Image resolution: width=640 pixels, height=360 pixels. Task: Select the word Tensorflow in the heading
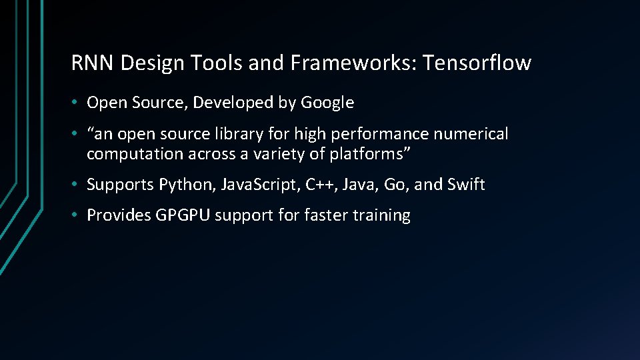tap(477, 63)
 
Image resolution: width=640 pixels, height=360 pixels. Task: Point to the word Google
tap(327, 103)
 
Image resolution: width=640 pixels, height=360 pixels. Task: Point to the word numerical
tap(471, 134)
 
